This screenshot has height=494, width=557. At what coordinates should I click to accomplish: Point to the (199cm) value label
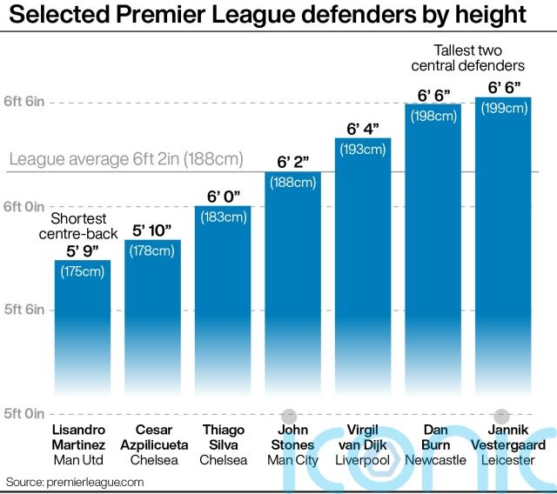[x=503, y=109]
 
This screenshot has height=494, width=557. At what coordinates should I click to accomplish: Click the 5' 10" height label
[x=152, y=231]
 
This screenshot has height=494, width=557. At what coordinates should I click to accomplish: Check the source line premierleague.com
[x=75, y=481]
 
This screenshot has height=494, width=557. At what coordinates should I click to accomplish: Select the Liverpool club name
[x=363, y=460]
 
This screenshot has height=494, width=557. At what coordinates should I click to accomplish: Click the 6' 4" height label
[x=363, y=130]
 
